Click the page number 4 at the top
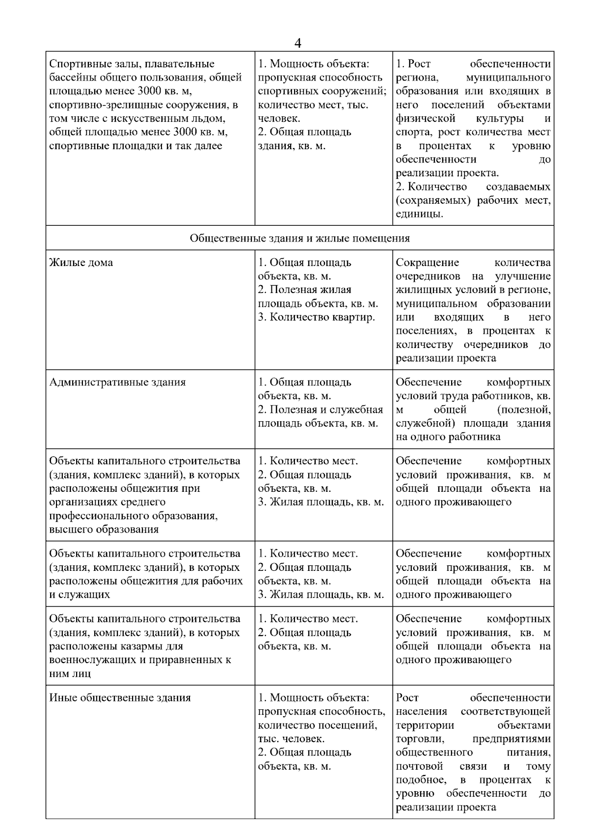click(x=297, y=43)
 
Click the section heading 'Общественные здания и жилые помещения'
click(x=299, y=238)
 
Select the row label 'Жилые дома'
click(x=81, y=263)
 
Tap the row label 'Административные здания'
click(x=117, y=382)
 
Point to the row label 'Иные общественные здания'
click(x=120, y=698)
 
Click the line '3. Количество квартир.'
click(x=316, y=317)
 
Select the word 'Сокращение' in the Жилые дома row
click(x=427, y=263)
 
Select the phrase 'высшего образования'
click(x=104, y=530)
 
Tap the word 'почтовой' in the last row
click(x=419, y=766)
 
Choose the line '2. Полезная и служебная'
click(x=320, y=410)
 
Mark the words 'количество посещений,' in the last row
click(x=317, y=725)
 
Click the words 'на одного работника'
click(x=448, y=437)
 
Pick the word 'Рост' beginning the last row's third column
click(x=407, y=698)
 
